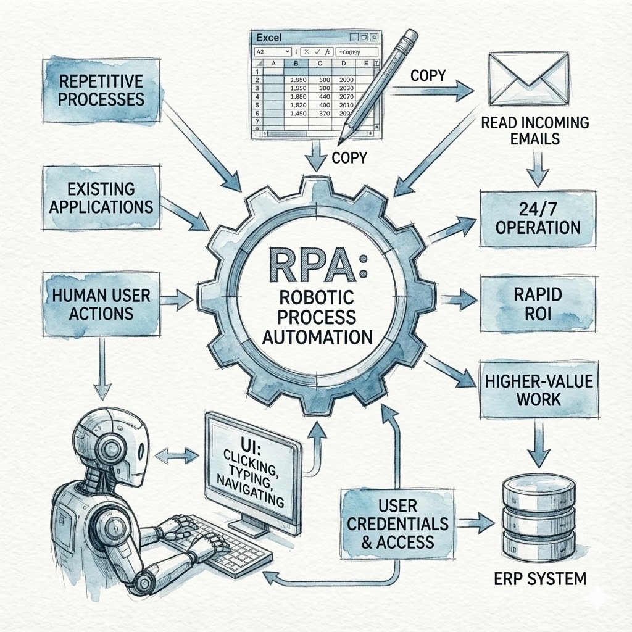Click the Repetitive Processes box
click(x=101, y=89)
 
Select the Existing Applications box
click(x=101, y=196)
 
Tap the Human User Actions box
click(x=101, y=305)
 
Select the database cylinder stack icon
click(x=538, y=513)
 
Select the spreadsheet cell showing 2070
click(x=346, y=97)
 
